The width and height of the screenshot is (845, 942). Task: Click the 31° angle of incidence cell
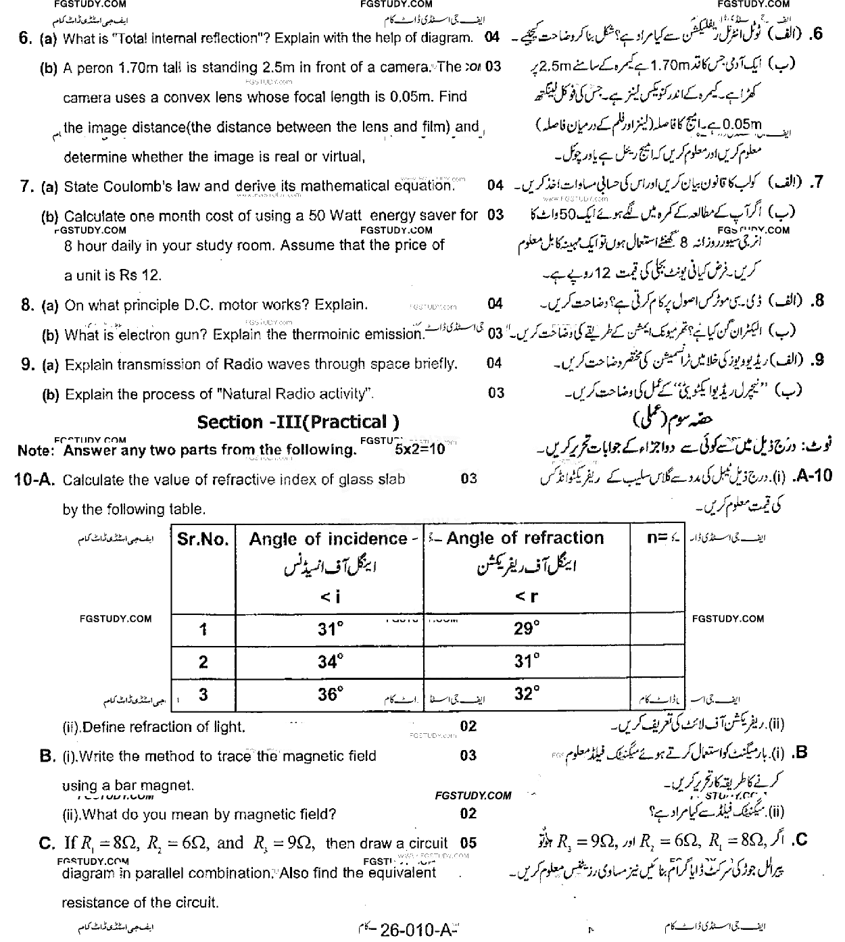point(330,630)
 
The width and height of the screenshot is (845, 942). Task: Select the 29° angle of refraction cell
point(527,629)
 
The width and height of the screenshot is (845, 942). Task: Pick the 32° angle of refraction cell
point(527,694)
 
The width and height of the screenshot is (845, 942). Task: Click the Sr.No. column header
point(203,539)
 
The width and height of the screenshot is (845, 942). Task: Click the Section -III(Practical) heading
point(298,422)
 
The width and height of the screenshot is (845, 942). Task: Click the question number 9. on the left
point(27,365)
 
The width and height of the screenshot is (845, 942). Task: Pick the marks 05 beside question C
point(468,843)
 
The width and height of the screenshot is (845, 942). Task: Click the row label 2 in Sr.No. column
point(203,662)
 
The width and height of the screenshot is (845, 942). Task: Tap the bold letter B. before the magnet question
point(47,756)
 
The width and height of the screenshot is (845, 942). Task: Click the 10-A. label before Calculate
point(35,480)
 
